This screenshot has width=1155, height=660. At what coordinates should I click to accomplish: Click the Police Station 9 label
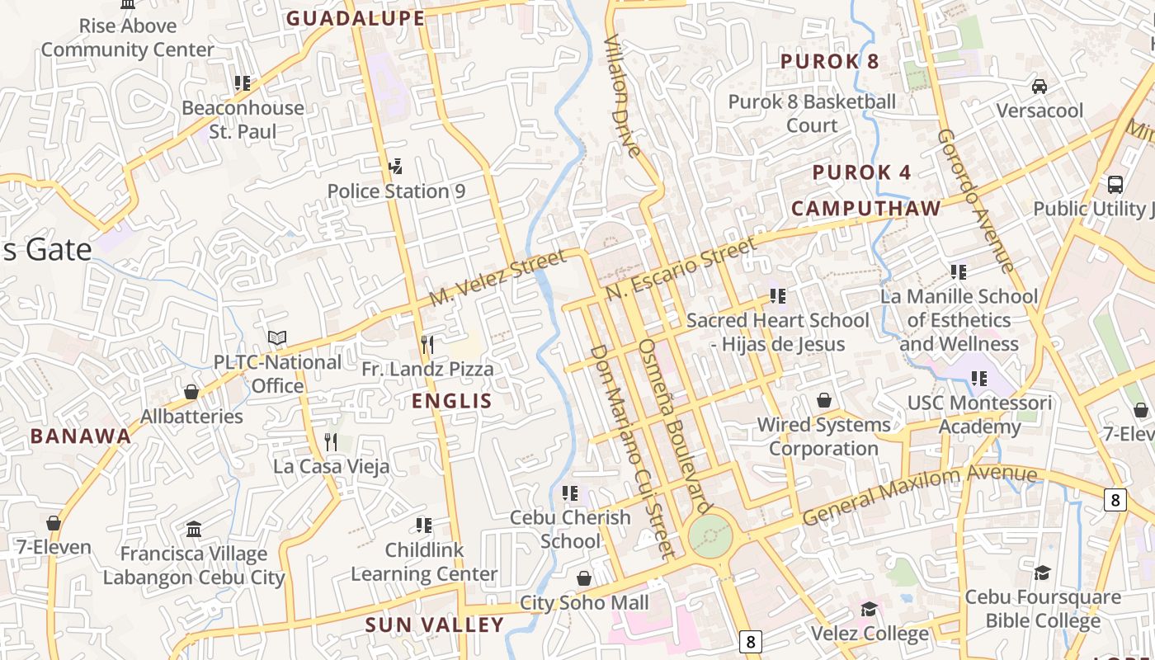pyautogui.click(x=396, y=191)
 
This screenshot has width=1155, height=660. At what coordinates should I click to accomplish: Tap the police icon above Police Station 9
pyautogui.click(x=396, y=167)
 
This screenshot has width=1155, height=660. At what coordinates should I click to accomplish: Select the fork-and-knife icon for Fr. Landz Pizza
pyautogui.click(x=427, y=344)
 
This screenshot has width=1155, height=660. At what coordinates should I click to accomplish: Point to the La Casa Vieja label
pyautogui.click(x=331, y=466)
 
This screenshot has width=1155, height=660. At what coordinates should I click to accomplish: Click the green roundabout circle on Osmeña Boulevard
pyautogui.click(x=709, y=536)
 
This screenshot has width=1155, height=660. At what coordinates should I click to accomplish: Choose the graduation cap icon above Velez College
pyautogui.click(x=869, y=610)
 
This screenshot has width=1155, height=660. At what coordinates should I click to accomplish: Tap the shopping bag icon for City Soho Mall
pyautogui.click(x=584, y=578)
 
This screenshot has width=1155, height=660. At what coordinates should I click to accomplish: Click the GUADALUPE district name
pyautogui.click(x=356, y=18)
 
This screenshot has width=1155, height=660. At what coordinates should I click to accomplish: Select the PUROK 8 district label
pyautogui.click(x=829, y=62)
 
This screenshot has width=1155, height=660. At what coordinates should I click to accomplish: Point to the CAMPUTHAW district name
pyautogui.click(x=866, y=209)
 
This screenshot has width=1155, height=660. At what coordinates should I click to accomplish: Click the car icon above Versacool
pyautogui.click(x=1039, y=86)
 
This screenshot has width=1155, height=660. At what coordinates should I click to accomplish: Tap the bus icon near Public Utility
pyautogui.click(x=1115, y=184)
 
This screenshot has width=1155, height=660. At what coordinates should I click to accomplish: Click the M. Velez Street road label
pyautogui.click(x=498, y=278)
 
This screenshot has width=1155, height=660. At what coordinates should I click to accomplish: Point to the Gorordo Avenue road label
pyautogui.click(x=974, y=200)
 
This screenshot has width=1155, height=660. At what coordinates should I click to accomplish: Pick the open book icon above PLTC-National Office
pyautogui.click(x=277, y=338)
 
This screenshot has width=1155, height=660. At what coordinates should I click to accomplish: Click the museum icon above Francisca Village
pyautogui.click(x=194, y=529)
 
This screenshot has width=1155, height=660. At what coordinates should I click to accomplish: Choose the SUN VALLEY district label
pyautogui.click(x=434, y=625)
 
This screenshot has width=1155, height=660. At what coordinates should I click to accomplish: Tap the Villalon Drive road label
pyautogui.click(x=622, y=95)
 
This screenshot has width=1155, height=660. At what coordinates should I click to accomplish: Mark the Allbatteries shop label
pyautogui.click(x=191, y=417)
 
